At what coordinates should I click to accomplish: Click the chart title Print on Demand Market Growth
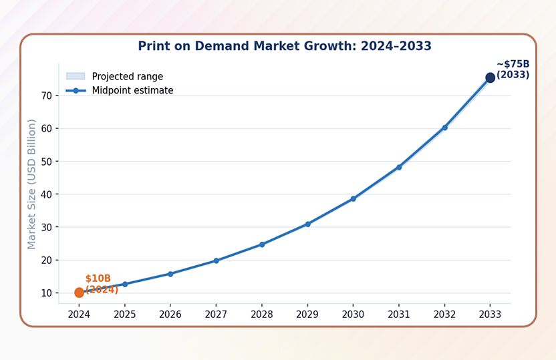click(x=284, y=46)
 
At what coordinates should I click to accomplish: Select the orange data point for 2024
click(x=79, y=293)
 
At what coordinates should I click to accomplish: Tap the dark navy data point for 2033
click(x=490, y=77)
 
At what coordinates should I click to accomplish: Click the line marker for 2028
click(x=262, y=244)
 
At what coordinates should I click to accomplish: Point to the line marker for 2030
click(x=353, y=199)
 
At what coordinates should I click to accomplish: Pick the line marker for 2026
click(x=170, y=274)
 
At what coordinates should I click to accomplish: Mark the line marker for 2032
click(x=444, y=128)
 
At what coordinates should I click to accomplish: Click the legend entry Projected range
click(x=127, y=77)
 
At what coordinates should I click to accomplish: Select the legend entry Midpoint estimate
click(x=132, y=91)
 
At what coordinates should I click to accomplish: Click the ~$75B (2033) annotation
click(x=513, y=69)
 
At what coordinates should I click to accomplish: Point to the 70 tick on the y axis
click(x=46, y=96)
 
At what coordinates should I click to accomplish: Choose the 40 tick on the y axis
click(x=46, y=194)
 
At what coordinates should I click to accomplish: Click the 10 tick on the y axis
click(x=46, y=293)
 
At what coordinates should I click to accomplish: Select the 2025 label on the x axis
click(x=125, y=314)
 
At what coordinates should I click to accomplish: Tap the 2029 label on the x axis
click(x=307, y=314)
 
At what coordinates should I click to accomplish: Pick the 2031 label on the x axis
click(x=399, y=314)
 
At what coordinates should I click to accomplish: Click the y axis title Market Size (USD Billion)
click(x=31, y=184)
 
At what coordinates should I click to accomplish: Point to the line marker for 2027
click(x=216, y=260)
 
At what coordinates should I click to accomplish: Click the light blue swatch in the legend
click(x=76, y=77)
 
